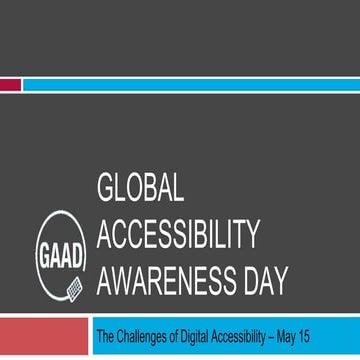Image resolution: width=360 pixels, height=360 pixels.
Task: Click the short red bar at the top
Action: coord(10,85)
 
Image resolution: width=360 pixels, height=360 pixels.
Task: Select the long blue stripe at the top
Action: coord(190,85)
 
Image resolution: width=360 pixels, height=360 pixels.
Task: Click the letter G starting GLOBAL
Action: coord(107,192)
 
